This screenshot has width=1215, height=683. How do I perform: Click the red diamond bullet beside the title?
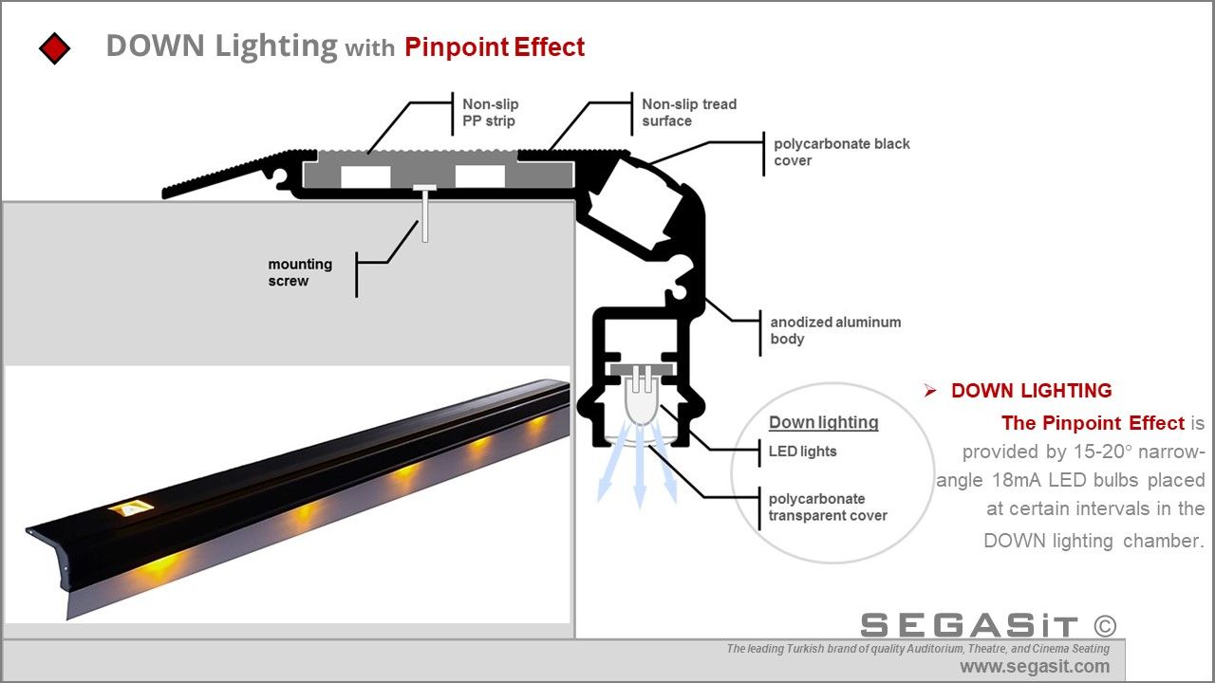[55, 47]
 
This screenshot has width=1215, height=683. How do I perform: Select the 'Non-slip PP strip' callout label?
[490, 112]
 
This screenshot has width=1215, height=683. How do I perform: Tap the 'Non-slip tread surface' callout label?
[688, 112]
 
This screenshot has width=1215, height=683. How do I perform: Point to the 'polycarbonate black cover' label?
[841, 152]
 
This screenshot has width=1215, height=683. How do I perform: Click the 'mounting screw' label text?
[300, 272]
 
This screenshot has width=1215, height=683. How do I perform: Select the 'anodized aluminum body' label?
[834, 330]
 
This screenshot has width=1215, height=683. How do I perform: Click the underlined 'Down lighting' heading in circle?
[823, 422]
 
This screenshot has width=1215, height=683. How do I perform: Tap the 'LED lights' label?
[802, 452]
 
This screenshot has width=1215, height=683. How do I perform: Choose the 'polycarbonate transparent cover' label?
[827, 508]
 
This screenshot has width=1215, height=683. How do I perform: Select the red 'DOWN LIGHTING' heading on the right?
[1031, 391]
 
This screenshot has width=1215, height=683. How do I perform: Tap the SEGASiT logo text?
[969, 626]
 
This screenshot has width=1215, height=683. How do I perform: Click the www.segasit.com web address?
[1034, 667]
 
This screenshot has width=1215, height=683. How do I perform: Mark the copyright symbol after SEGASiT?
[1104, 625]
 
